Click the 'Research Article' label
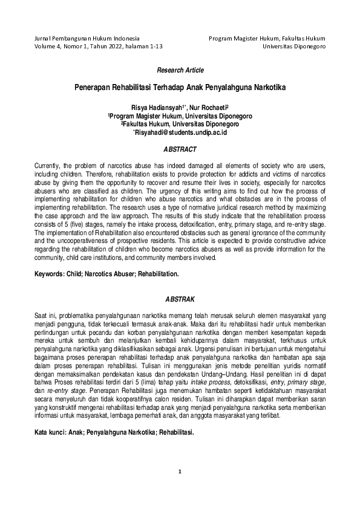click(x=180, y=71)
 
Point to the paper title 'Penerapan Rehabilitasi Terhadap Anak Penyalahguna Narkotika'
click(x=180, y=87)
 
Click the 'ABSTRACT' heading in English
click(x=180, y=149)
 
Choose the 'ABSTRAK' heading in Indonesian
click(x=180, y=299)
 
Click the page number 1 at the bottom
click(x=180, y=488)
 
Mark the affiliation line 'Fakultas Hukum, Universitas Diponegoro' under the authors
click(x=180, y=123)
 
